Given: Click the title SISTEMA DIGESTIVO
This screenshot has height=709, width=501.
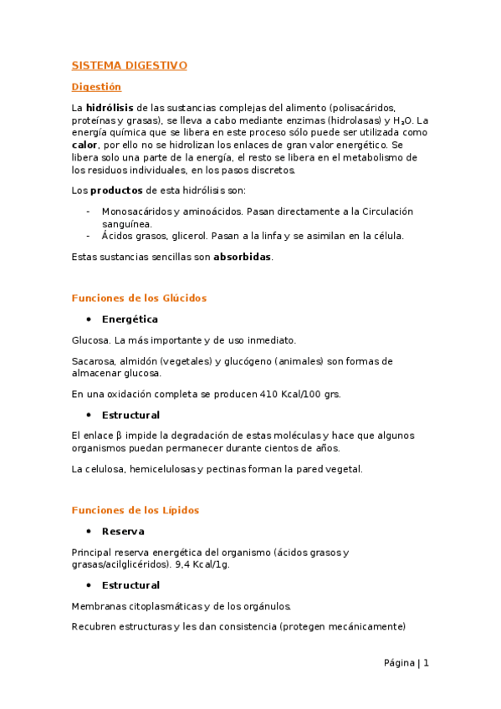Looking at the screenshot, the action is click(129, 65).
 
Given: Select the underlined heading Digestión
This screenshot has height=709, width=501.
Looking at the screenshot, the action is click(96, 87).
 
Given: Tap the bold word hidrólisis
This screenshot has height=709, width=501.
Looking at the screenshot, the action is click(110, 108).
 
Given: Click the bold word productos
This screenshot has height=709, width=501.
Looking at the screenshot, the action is click(116, 190).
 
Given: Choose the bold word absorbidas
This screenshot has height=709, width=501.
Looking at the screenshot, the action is click(243, 257).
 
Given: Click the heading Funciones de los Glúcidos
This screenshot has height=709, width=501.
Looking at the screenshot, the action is click(139, 298).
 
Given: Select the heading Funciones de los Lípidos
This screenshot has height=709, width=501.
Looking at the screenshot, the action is click(135, 510).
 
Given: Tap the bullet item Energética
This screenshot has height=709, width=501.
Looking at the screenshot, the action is click(130, 319).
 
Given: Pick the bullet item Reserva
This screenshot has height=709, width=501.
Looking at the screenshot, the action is click(123, 531).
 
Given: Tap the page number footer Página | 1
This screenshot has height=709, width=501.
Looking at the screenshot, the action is click(406, 663).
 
